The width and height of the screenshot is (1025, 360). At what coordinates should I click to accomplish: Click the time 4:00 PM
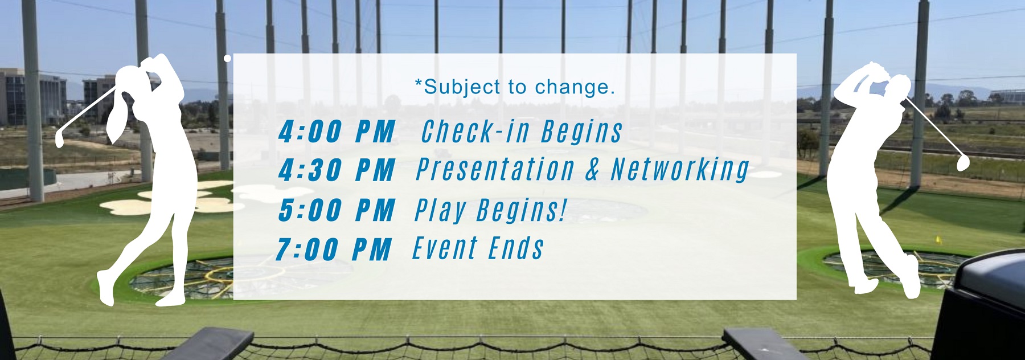tap(337, 132)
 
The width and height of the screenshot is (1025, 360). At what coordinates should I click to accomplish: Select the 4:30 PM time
tap(337, 170)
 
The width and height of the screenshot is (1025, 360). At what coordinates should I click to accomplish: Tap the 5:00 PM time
tap(337, 210)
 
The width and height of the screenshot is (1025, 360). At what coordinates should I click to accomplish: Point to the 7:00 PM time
tap(334, 249)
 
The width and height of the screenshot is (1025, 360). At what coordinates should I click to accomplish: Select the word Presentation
tap(495, 169)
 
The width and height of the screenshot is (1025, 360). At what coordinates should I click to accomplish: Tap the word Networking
tap(680, 170)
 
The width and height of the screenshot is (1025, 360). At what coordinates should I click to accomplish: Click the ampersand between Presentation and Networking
tap(592, 170)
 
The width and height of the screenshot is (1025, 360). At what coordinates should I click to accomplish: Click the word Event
tap(445, 248)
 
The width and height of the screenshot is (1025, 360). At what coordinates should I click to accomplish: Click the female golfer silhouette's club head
tap(60, 139)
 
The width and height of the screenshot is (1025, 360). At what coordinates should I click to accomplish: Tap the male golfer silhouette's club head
tap(963, 162)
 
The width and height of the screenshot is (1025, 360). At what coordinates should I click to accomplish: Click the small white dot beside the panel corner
tap(227, 58)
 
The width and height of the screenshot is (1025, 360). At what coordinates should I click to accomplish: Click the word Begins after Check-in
tap(581, 132)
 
